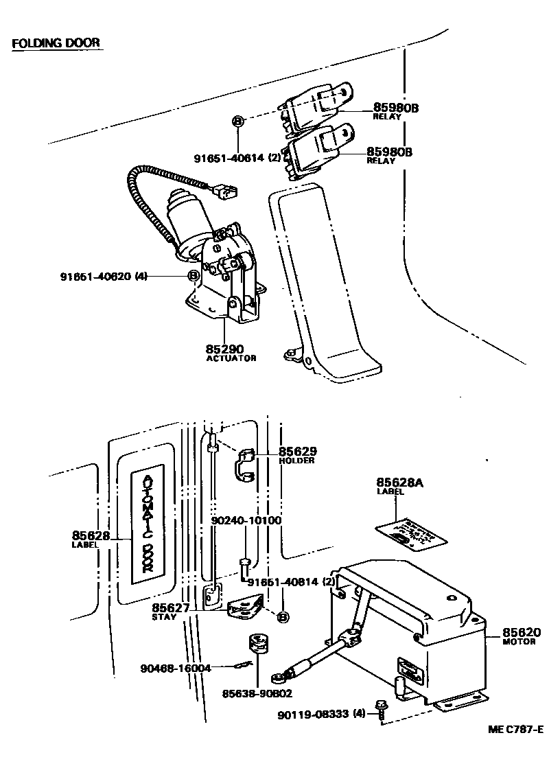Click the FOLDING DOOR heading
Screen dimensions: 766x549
click(x=56, y=43)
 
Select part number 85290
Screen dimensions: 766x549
click(x=226, y=349)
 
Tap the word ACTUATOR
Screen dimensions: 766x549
click(x=231, y=358)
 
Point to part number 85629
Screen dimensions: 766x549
click(x=297, y=452)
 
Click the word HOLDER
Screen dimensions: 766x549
click(x=296, y=461)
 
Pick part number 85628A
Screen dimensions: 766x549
click(x=399, y=483)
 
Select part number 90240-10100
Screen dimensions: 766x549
click(x=247, y=520)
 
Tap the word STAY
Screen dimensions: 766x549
click(x=164, y=616)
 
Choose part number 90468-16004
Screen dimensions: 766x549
click(x=175, y=668)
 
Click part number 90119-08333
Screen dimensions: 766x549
click(x=313, y=715)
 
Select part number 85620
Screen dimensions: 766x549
click(x=521, y=632)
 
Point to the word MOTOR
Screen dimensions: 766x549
click(x=519, y=642)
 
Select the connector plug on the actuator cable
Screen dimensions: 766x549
click(x=224, y=191)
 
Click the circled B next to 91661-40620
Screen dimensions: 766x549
click(x=194, y=276)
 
